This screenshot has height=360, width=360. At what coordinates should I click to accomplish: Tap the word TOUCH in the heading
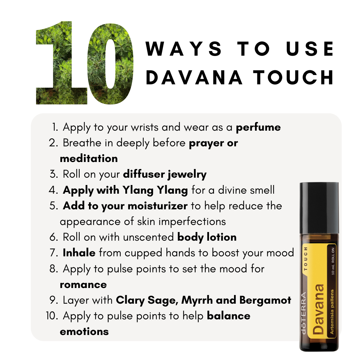pyautogui.click(x=293, y=77)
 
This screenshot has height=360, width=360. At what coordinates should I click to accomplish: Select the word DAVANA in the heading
pyautogui.click(x=194, y=77)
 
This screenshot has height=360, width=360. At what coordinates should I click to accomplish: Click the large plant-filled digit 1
pyautogui.click(x=62, y=63)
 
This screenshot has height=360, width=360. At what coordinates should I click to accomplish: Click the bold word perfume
pyautogui.click(x=258, y=128)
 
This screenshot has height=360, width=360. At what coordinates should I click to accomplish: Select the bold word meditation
pyautogui.click(x=89, y=158)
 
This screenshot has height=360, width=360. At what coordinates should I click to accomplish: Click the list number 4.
pyautogui.click(x=53, y=190)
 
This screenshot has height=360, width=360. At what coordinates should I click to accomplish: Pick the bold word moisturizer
pyautogui.click(x=157, y=206)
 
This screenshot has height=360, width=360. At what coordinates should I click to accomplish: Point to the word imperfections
pyautogui.click(x=192, y=222)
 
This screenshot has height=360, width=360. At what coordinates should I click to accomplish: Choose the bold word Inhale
pyautogui.click(x=79, y=253)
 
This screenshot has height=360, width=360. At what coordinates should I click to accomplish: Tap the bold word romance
pyautogui.click(x=83, y=285)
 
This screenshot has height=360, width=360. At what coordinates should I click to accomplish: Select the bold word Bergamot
pyautogui.click(x=265, y=300)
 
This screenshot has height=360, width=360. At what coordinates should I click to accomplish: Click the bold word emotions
pyautogui.click(x=84, y=332)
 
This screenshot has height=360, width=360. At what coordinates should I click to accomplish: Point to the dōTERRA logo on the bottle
pyautogui.click(x=304, y=313)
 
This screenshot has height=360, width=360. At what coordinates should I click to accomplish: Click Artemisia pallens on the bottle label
pyautogui.click(x=332, y=312)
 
